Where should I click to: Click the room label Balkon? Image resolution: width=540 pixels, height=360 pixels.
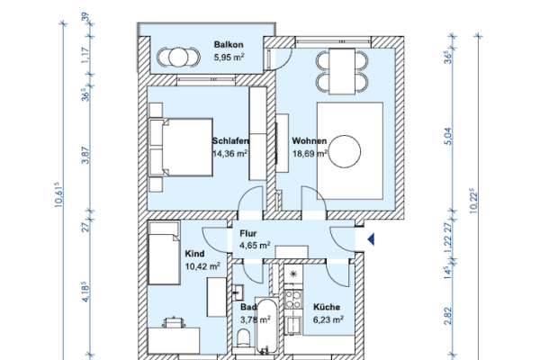[x=229, y=44]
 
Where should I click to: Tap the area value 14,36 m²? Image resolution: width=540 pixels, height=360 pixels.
[x=229, y=154]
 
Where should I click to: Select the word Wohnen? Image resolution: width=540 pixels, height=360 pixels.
[x=309, y=141]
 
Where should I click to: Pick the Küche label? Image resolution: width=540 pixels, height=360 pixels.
[x=328, y=307]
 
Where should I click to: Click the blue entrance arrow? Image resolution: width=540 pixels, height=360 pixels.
[x=370, y=238]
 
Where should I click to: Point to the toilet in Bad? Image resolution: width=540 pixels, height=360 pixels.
[x=244, y=340]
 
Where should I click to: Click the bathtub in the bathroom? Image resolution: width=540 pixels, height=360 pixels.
[x=266, y=328]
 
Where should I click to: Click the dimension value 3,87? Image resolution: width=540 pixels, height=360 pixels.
[x=86, y=154]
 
